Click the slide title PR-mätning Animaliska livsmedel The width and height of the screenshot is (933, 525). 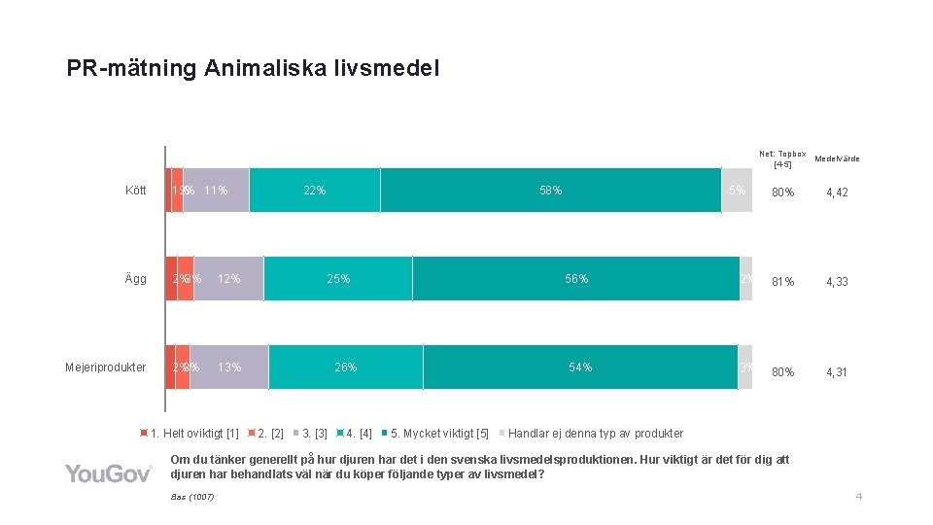(253, 68)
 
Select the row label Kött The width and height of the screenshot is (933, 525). (136, 191)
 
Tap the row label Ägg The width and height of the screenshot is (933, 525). (136, 279)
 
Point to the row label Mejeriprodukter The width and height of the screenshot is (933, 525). (106, 367)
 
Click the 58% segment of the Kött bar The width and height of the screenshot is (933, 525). (550, 191)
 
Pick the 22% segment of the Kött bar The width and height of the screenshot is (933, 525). (314, 191)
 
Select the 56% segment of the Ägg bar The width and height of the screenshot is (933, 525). (576, 279)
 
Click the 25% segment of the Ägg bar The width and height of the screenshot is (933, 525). (338, 279)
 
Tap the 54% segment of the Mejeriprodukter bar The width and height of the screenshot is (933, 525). (580, 367)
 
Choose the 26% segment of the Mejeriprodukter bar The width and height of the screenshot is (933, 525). (345, 367)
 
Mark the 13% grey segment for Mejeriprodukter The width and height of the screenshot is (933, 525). (229, 367)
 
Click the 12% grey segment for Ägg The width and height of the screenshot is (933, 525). (228, 279)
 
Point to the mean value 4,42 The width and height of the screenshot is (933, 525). (837, 192)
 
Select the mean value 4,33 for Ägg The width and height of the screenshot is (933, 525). (837, 282)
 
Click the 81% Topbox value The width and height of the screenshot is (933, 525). (782, 282)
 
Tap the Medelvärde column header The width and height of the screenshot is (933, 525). (837, 158)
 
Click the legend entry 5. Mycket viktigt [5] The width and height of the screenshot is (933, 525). (438, 434)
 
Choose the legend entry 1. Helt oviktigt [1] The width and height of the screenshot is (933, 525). (193, 434)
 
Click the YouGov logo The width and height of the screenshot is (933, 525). (108, 473)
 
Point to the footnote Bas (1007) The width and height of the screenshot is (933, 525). (191, 498)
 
